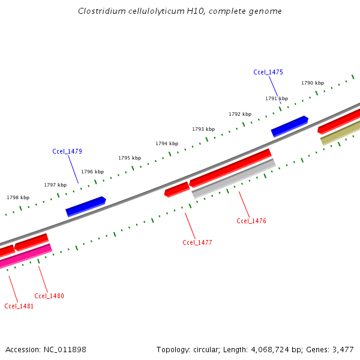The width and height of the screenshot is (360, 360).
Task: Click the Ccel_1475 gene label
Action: tap(268, 72)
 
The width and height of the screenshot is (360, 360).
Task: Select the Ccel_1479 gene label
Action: tap(67, 151)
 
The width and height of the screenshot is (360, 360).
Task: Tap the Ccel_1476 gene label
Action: tap(251, 221)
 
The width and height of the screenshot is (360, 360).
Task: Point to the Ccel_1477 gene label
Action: tap(197, 242)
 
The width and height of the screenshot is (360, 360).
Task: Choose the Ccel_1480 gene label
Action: tap(49, 296)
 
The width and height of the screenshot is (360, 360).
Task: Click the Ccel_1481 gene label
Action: tap(19, 306)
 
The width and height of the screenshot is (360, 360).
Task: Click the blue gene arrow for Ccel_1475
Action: tap(289, 126)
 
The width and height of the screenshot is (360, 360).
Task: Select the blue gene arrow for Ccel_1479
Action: tap(85, 206)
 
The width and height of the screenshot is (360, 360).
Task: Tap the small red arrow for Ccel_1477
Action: tap(177, 190)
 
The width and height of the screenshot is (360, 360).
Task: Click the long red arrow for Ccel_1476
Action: tap(230, 167)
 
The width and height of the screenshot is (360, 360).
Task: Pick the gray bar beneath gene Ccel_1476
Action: tap(234, 178)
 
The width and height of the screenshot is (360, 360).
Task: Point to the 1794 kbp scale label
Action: tap(167, 143)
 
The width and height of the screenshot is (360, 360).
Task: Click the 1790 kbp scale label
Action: tap(313, 83)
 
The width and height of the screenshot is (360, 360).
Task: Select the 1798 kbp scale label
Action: tap(18, 197)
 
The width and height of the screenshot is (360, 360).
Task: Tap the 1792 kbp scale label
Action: tap(240, 113)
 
